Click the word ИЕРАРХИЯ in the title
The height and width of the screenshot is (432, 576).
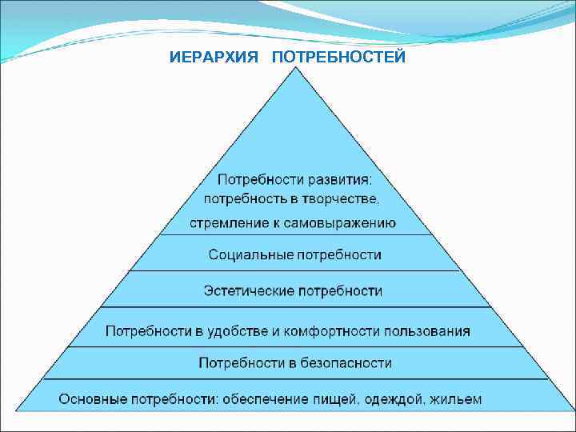click(213, 58)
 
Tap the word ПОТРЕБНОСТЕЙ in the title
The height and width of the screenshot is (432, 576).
click(339, 58)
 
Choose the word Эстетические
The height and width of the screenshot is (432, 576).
click(249, 290)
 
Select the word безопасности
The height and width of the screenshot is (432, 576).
click(346, 363)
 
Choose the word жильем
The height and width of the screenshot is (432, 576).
click(457, 398)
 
